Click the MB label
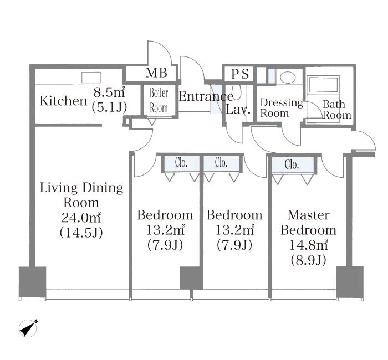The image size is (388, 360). [x=156, y=73]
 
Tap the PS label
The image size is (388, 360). [x=240, y=74]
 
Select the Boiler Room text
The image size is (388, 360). [x=159, y=101]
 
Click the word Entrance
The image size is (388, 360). [x=206, y=96]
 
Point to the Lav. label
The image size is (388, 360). [x=238, y=109]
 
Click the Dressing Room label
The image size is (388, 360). [x=282, y=108]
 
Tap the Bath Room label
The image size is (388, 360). [x=337, y=110]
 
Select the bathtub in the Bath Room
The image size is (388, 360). [x=323, y=85]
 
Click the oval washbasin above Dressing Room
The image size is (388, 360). [x=288, y=77]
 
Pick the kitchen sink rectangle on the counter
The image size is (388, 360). [x=91, y=78]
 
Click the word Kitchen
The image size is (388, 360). [x=63, y=101]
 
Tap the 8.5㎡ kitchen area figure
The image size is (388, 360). [x=109, y=92]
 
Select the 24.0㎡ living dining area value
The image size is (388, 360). [x=81, y=218]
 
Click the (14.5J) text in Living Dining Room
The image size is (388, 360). [x=81, y=233]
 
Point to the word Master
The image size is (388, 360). [x=309, y=215]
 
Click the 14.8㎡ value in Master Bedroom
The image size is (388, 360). [x=309, y=245]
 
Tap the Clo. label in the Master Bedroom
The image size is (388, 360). [x=292, y=164]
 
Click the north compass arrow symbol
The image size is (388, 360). [x=28, y=328]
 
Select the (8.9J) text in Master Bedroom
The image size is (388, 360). [x=308, y=260]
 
